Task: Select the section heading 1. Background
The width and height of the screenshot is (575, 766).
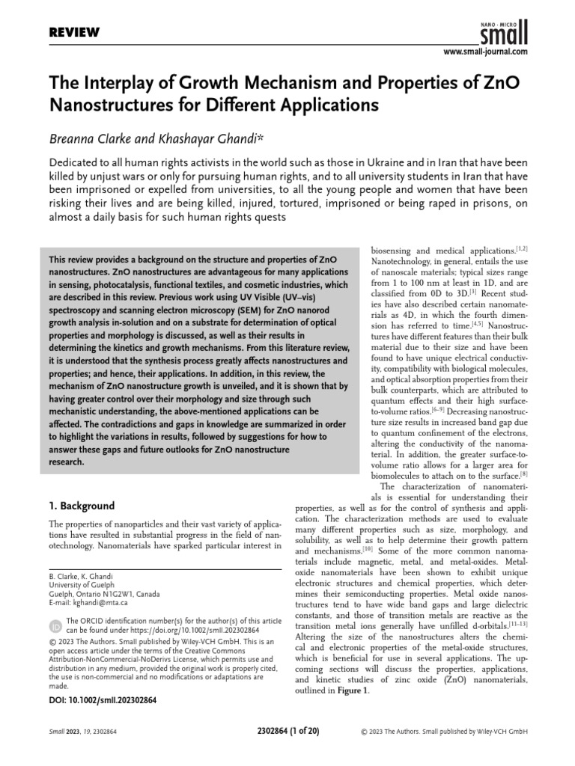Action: [82, 505]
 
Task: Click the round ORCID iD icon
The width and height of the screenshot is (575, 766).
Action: [55, 625]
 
